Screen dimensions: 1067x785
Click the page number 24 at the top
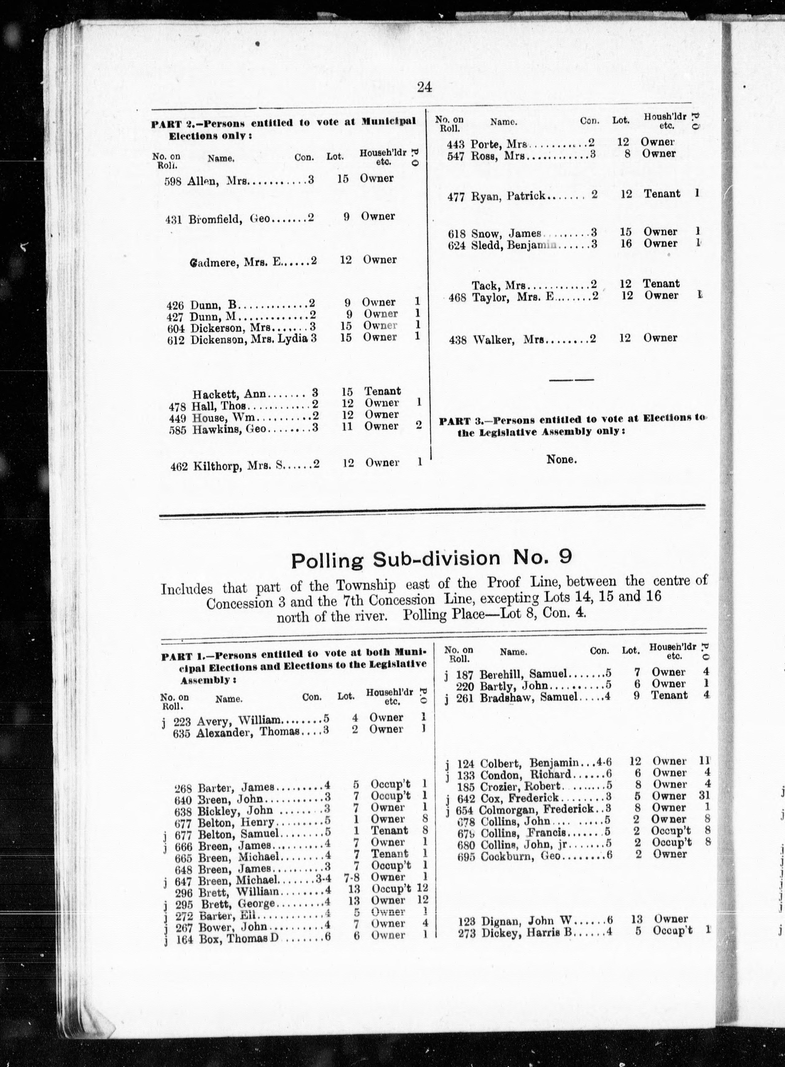(424, 87)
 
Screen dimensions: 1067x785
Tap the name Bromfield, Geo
(229, 219)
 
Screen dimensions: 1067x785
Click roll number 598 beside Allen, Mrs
(173, 181)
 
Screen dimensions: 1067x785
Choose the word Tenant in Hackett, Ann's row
(383, 391)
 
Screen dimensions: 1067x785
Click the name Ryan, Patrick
(507, 196)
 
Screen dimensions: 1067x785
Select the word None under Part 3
(561, 459)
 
